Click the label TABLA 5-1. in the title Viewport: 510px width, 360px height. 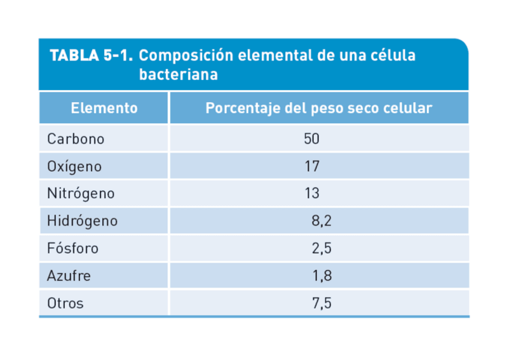click(x=91, y=56)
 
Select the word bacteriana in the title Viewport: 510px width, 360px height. click(x=178, y=76)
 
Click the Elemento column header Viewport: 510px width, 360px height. click(x=104, y=108)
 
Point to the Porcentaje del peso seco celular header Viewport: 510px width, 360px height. click(x=319, y=108)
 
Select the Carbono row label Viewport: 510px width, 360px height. click(x=76, y=139)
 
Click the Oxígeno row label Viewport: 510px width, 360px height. click(x=75, y=166)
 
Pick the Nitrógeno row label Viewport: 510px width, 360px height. click(x=81, y=194)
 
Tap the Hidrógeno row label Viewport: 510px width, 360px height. click(x=82, y=221)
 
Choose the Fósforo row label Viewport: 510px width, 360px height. click(x=73, y=248)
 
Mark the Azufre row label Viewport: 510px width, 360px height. click(x=69, y=276)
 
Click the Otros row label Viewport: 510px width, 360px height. click(x=66, y=304)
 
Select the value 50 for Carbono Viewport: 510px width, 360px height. click(x=312, y=139)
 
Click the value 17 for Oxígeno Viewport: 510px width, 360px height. click(x=312, y=166)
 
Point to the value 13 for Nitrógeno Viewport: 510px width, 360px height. click(x=312, y=194)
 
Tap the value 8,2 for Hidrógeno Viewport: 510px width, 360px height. click(x=322, y=221)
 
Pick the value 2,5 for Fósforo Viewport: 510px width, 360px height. click(x=322, y=248)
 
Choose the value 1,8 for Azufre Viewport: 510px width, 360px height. click(x=322, y=276)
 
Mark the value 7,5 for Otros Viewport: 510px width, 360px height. click(x=322, y=304)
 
